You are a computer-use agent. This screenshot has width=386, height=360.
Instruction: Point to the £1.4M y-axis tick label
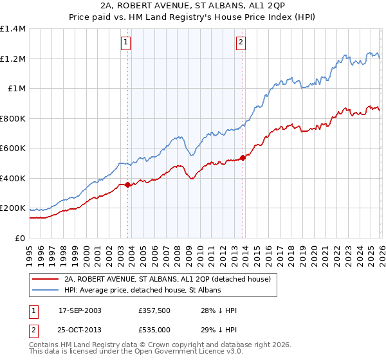click(13, 29)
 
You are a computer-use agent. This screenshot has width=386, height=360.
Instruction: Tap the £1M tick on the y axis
click(16, 89)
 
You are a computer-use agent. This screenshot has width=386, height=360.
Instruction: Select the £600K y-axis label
click(13, 148)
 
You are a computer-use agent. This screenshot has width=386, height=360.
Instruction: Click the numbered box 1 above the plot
click(127, 43)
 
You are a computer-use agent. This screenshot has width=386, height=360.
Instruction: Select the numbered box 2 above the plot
click(241, 43)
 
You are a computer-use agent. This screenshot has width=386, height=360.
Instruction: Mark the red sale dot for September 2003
click(127, 185)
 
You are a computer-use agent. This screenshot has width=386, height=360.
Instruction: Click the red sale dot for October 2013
click(243, 157)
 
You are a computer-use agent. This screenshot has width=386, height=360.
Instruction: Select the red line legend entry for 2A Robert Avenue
click(170, 279)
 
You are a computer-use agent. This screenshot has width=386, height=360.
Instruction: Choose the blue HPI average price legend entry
click(142, 291)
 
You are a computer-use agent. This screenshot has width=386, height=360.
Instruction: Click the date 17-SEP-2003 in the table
click(80, 310)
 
